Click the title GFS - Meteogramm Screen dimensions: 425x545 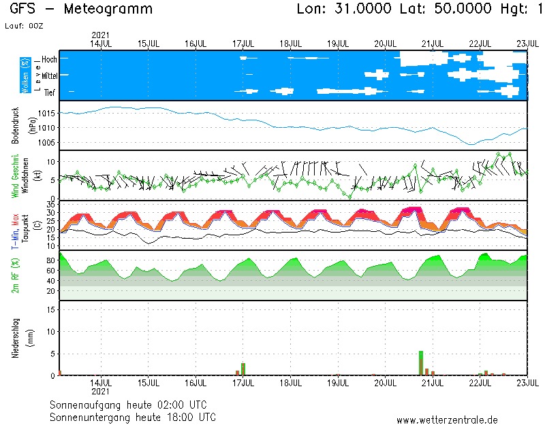point(81,10)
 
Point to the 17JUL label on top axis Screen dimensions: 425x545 point(243,43)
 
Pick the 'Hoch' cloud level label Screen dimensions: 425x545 point(49,60)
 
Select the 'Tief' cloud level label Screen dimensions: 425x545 point(50,92)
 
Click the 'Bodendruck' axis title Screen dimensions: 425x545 point(16,125)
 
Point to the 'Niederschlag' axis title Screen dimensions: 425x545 point(16,338)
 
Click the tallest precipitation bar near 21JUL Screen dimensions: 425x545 point(421,362)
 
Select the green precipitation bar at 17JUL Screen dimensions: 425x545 point(243,369)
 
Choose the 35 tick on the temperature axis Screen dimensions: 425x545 point(50,204)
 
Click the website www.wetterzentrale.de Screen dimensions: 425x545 point(447,420)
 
